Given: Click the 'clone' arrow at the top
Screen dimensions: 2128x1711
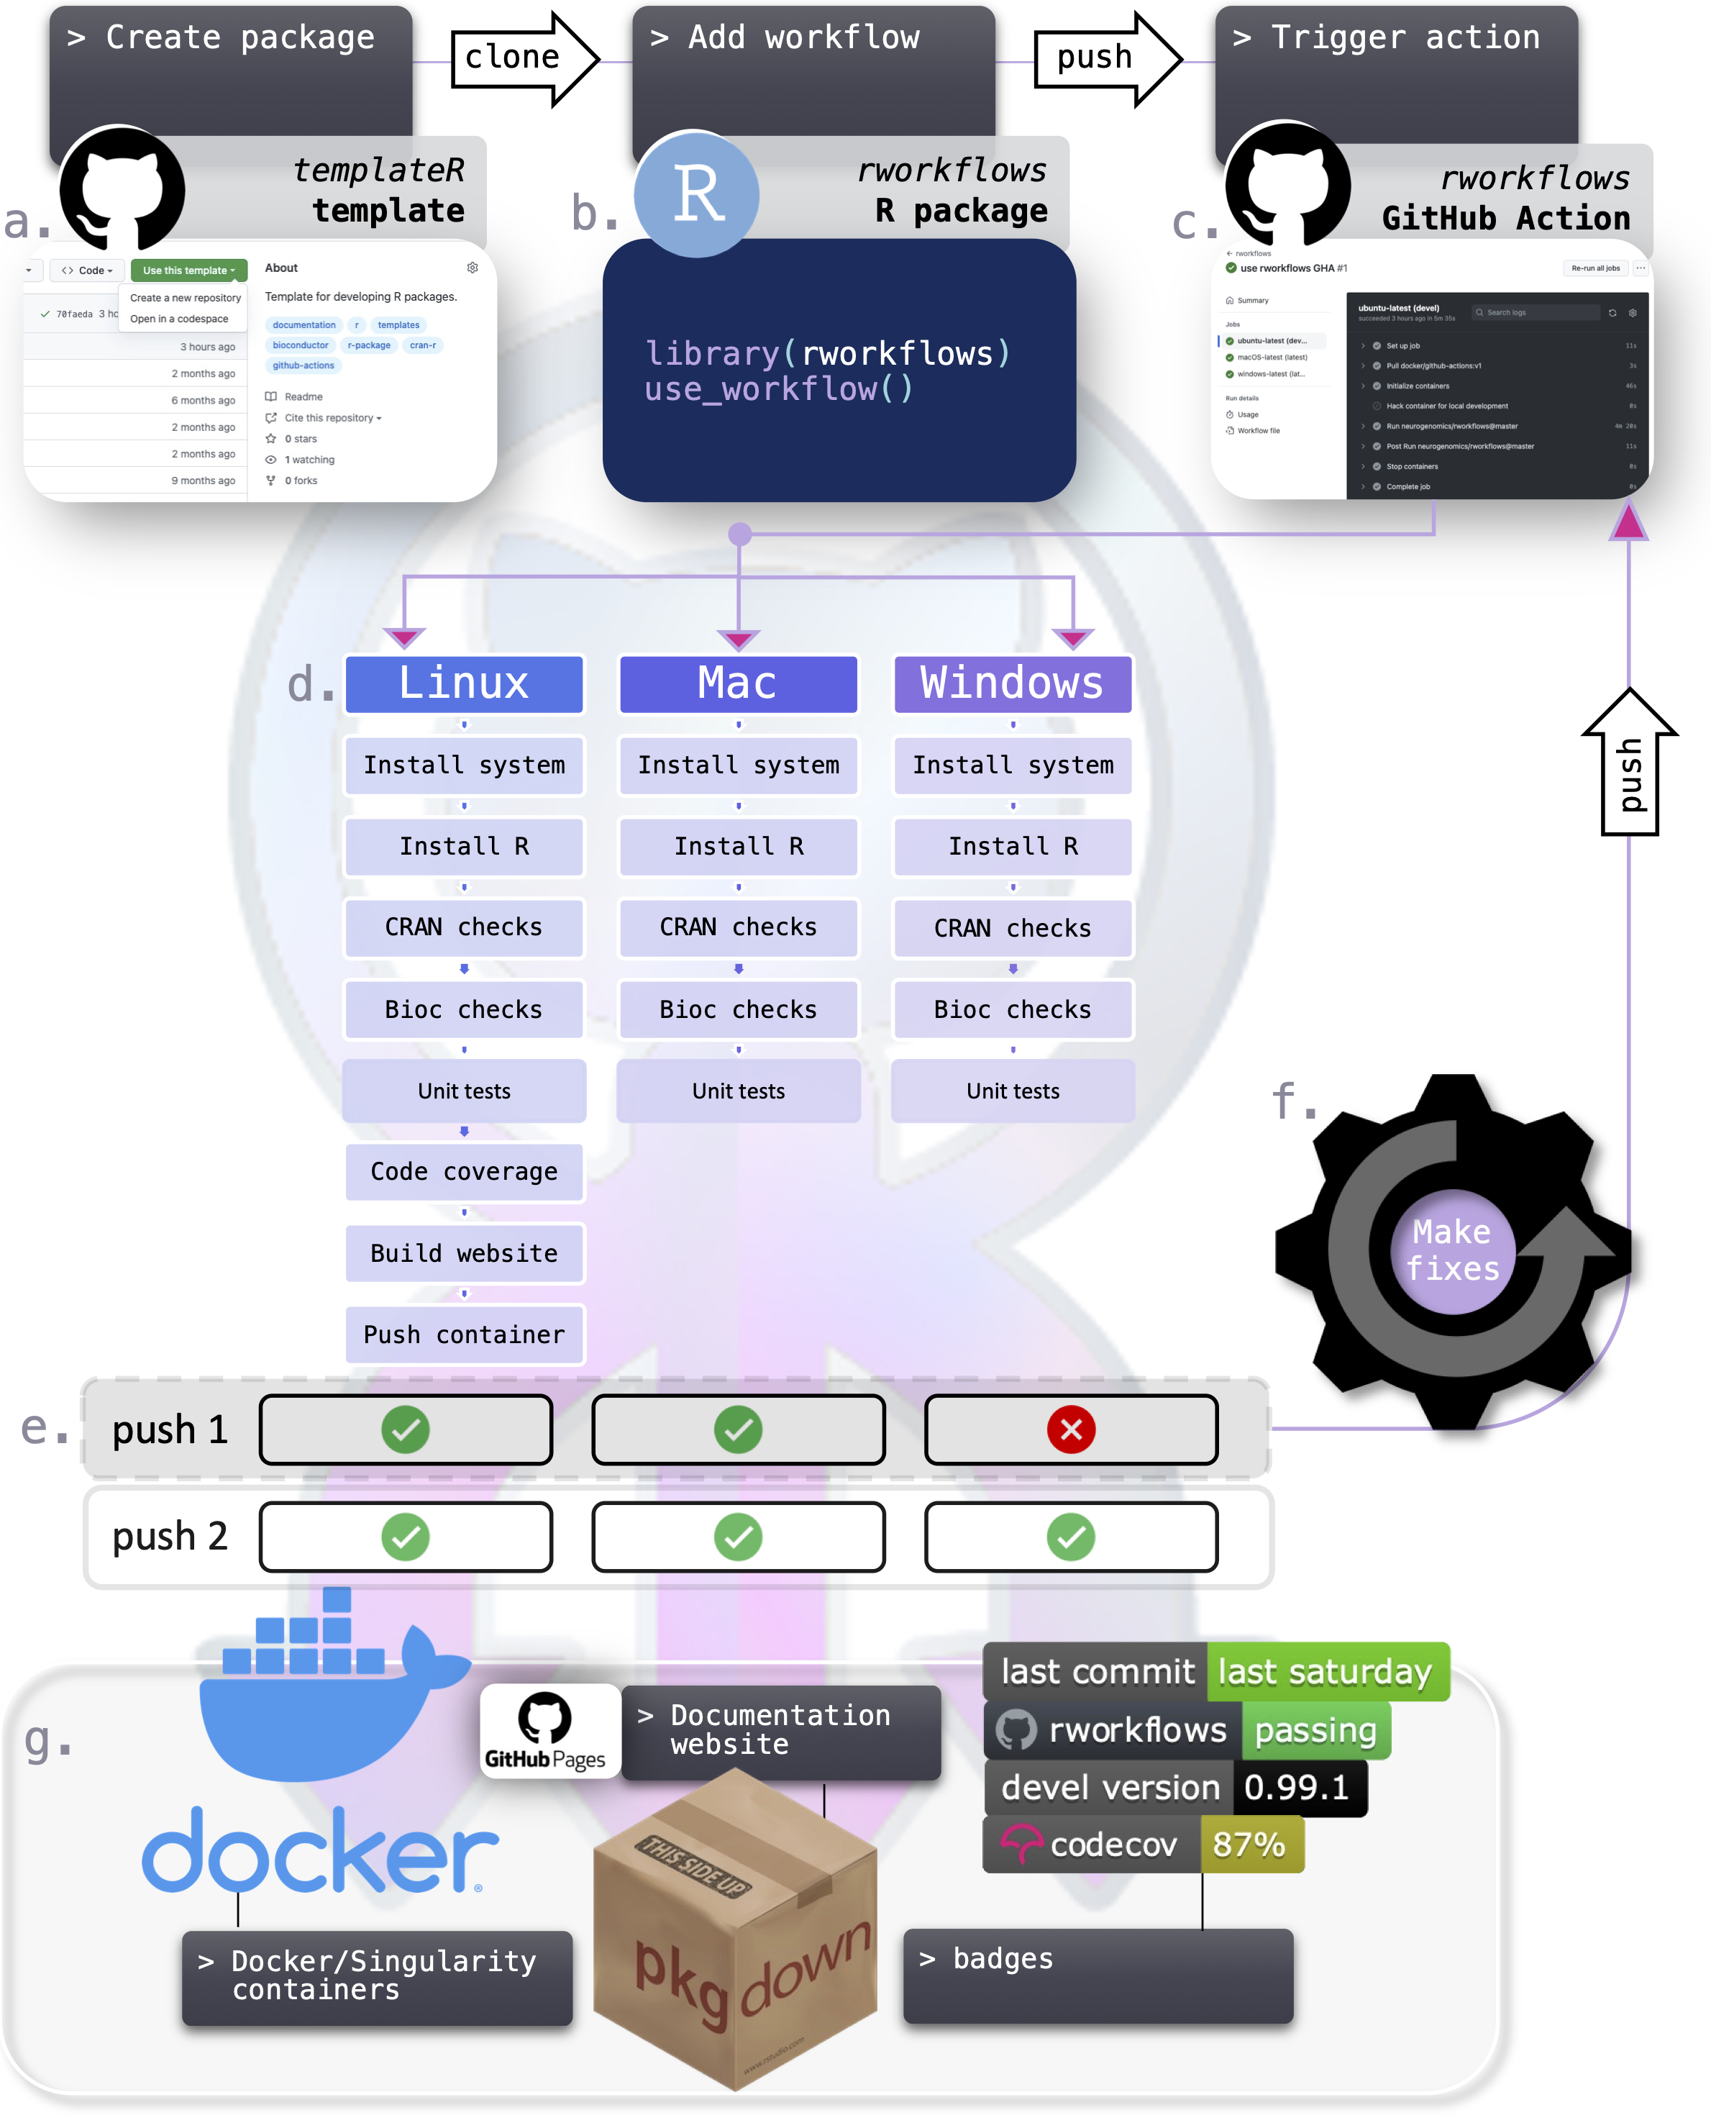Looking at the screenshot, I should coord(523,58).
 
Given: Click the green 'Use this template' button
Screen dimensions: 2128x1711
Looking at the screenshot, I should coord(188,270).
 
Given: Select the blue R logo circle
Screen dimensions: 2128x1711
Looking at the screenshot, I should coord(697,194).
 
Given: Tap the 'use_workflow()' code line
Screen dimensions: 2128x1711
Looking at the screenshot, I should coord(778,390).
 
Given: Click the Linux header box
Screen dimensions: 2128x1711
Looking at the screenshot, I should coord(464,683).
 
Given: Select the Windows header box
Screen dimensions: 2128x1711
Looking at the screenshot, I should coord(1013,683).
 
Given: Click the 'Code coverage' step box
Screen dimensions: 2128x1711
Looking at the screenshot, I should coord(464,1172).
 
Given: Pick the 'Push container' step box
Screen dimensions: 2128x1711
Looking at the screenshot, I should coord(464,1334).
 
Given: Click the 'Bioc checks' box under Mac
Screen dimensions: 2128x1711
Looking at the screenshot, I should coord(738,1010).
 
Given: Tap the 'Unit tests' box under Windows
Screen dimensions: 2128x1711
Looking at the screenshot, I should coord(1013,1091).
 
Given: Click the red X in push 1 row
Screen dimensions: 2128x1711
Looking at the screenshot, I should coord(1071,1429).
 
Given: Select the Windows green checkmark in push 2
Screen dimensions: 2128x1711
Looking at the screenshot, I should coord(1071,1537).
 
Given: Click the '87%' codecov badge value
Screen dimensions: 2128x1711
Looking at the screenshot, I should coord(1249,1845).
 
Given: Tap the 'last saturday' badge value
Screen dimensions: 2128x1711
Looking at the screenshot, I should coord(1326,1672).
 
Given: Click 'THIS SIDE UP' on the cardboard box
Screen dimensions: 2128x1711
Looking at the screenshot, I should coord(693,1865).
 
